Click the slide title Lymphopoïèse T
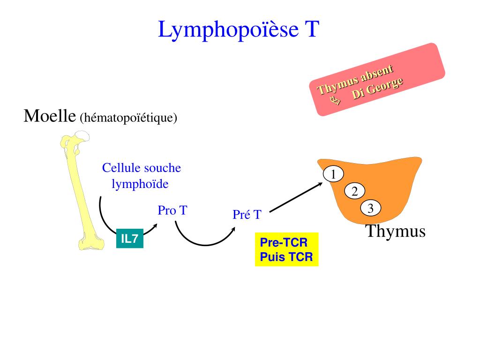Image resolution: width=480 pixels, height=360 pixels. pos(239,29)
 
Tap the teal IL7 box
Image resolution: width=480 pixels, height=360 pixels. pos(129,239)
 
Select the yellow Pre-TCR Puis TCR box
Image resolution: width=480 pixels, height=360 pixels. pos(286,250)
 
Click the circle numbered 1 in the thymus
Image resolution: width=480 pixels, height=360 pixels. pos(333,174)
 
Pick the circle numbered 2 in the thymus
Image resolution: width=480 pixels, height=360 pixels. pos(354,191)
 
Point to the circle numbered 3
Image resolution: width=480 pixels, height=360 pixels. pos(370,209)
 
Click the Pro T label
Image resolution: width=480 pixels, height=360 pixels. pos(172,210)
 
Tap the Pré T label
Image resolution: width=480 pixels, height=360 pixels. pos(247,215)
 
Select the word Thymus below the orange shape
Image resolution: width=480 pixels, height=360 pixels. pos(395,231)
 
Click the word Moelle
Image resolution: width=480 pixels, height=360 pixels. pos(50,115)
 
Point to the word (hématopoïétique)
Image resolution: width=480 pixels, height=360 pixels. pos(128,117)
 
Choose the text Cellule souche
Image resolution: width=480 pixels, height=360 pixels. pos(142,168)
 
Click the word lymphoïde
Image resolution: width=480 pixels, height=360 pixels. pos(140,184)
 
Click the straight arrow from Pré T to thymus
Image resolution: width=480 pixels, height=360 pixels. pos(296,197)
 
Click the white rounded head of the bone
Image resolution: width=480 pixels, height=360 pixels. pos(83,135)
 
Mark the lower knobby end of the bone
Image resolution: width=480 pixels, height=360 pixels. pos(89,240)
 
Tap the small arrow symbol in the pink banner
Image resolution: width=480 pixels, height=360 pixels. pos(334,99)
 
